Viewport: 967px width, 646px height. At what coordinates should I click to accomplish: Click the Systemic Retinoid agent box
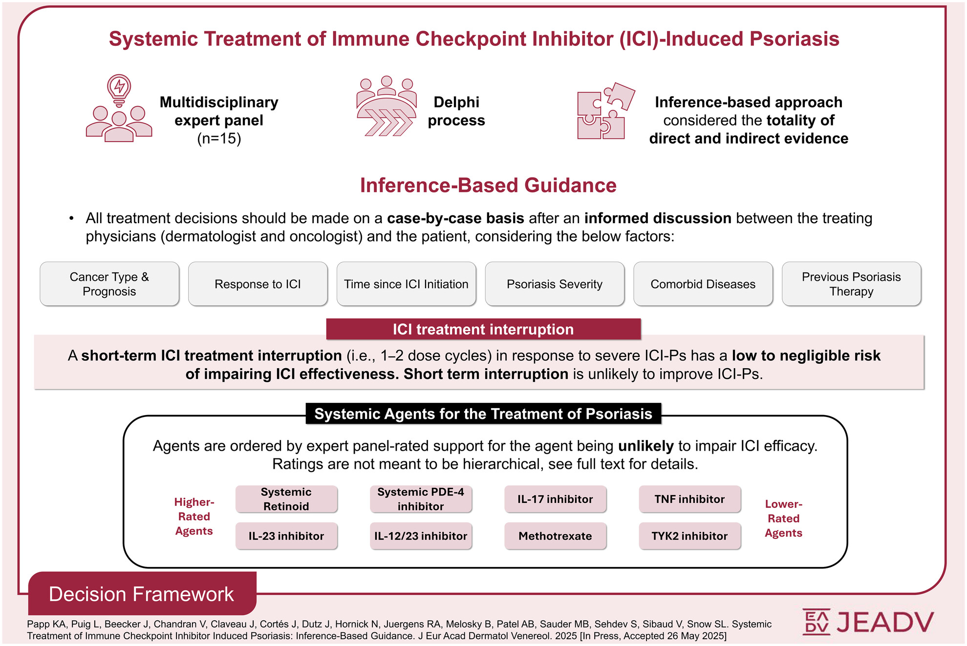click(x=286, y=499)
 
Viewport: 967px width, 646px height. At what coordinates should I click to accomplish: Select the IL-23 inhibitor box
click(x=286, y=536)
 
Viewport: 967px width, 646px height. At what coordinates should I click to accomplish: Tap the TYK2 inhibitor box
click(x=689, y=536)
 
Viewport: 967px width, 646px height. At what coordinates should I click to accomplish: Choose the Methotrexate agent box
click(x=555, y=536)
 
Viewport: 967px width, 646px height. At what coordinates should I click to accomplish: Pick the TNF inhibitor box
click(x=689, y=499)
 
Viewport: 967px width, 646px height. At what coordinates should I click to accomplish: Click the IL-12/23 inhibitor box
click(x=421, y=536)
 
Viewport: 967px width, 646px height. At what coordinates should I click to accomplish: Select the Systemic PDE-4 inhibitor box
click(x=421, y=499)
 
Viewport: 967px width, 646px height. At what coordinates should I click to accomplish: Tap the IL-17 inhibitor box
click(x=555, y=499)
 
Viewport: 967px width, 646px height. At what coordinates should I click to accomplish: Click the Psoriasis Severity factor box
click(x=555, y=284)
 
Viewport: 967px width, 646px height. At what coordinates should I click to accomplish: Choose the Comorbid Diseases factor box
click(x=703, y=284)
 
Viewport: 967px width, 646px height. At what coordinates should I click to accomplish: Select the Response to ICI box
click(x=258, y=284)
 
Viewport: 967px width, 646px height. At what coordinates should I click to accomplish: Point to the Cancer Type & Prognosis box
click(x=109, y=284)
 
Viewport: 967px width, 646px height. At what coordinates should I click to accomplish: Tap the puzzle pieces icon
click(x=606, y=111)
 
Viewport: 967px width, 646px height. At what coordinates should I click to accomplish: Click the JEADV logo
click(x=868, y=622)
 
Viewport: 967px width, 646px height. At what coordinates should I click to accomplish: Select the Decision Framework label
click(x=142, y=594)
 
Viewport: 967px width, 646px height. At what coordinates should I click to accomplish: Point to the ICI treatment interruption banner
click(x=483, y=329)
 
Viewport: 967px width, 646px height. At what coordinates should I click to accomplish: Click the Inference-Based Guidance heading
click(x=488, y=186)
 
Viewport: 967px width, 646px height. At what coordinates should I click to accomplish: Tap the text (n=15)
click(x=219, y=139)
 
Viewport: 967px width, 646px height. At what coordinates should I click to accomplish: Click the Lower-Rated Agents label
click(x=783, y=519)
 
